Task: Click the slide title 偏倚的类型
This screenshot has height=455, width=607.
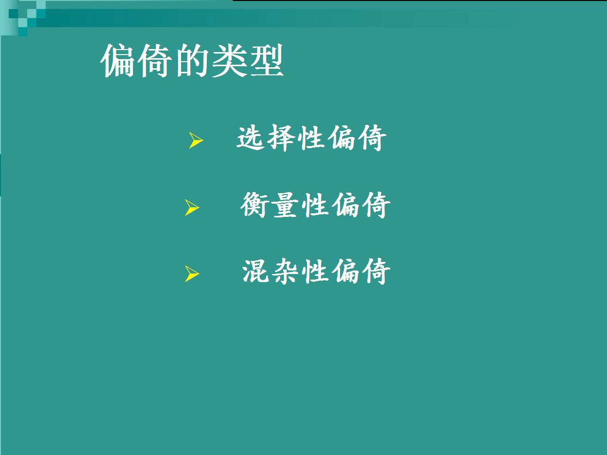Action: point(192,61)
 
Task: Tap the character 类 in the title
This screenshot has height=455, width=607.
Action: point(229,61)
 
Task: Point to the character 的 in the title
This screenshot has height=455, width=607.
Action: point(192,61)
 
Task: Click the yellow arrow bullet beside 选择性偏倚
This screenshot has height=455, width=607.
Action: point(196,140)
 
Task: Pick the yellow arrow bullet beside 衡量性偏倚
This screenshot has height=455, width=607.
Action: point(192,207)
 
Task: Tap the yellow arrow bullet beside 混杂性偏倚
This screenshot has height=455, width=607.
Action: point(192,274)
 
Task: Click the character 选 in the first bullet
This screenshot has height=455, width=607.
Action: point(250,138)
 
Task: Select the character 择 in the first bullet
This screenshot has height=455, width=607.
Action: point(281,138)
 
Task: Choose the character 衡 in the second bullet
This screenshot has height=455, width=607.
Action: point(255,205)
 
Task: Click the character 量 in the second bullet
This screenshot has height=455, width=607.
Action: point(285,205)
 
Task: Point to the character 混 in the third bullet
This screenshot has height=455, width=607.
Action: point(256,271)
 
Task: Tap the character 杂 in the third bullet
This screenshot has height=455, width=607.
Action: point(285,271)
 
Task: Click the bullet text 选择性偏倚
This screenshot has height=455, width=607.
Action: point(312,138)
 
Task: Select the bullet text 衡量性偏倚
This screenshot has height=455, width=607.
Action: point(316,205)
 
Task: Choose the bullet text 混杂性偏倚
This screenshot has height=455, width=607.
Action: point(316,271)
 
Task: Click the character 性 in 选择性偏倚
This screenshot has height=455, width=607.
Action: point(311,138)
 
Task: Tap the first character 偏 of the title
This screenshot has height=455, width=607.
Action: point(117,61)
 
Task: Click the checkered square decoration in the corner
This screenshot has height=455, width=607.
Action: point(23,18)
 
